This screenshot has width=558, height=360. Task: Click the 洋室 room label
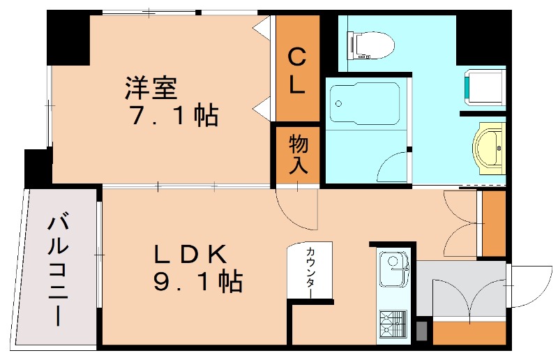(151, 89)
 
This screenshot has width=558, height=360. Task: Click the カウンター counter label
(308, 273)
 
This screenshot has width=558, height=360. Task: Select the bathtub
(363, 105)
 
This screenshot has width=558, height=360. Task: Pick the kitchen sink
(393, 269)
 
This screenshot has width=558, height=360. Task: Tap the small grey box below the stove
(421, 331)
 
